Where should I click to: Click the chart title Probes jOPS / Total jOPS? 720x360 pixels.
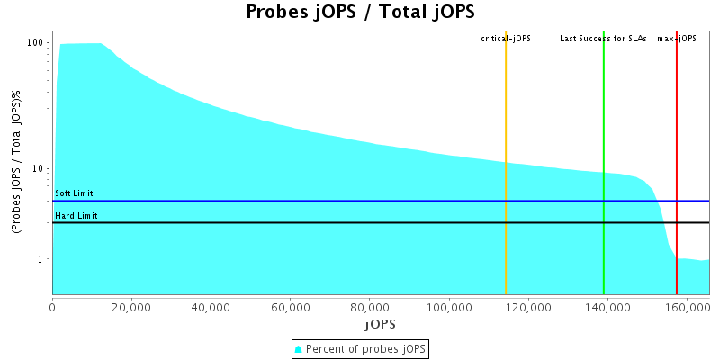point(360,13)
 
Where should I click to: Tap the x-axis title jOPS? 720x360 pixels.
point(381,323)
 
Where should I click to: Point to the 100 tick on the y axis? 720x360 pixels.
point(36,43)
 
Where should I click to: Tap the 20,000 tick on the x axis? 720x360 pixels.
point(132,307)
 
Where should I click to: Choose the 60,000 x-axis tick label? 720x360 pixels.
point(291,307)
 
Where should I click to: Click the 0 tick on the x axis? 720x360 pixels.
point(53,307)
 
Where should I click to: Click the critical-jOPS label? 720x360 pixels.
point(506,39)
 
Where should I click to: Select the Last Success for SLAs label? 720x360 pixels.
point(603,39)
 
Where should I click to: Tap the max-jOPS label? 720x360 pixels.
point(677,39)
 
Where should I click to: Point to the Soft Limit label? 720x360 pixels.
point(74,193)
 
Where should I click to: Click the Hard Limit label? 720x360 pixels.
point(76,215)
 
